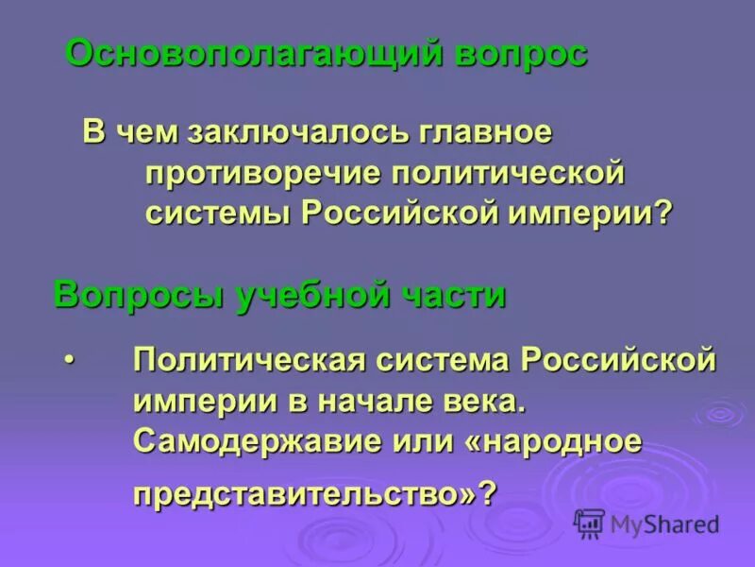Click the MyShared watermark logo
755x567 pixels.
pos(647,523)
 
